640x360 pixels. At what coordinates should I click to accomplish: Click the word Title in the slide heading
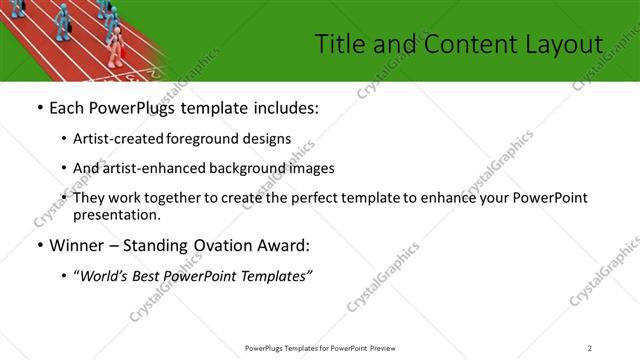pyautogui.click(x=338, y=43)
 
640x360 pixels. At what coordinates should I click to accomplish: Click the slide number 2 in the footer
pyautogui.click(x=589, y=347)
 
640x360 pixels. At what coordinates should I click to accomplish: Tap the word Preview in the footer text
pyautogui.click(x=390, y=347)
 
